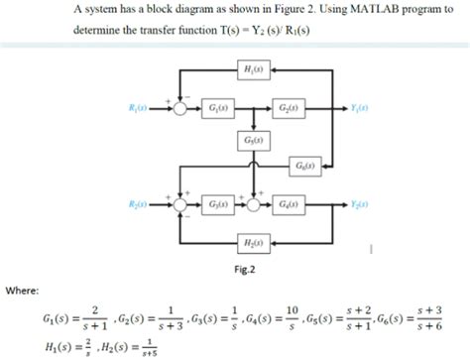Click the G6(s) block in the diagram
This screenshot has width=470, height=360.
point(305,165)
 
